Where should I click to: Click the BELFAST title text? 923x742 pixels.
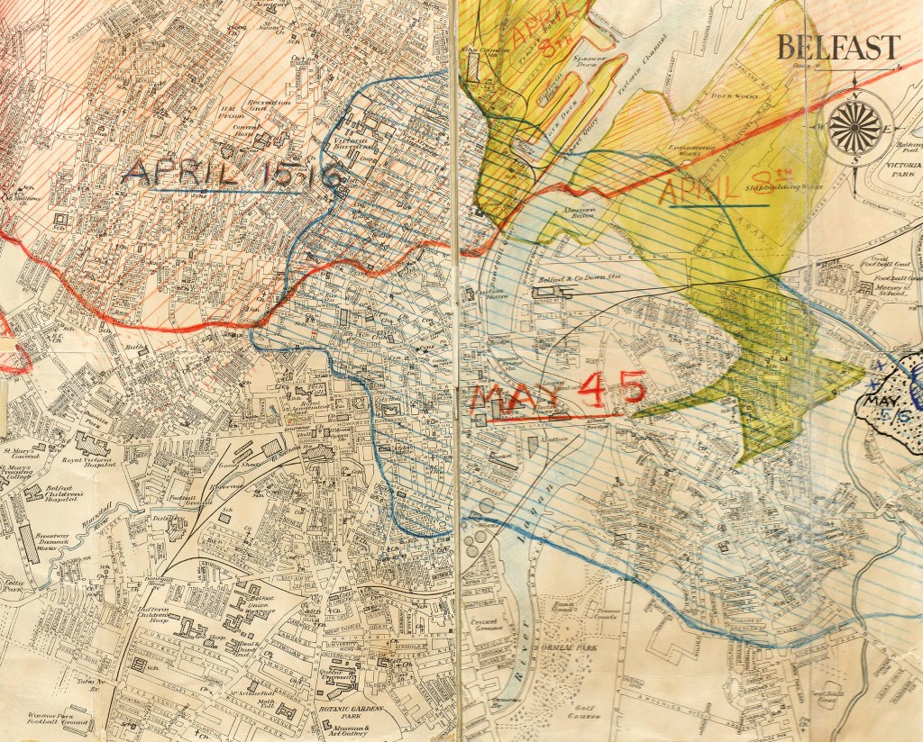pos(838,47)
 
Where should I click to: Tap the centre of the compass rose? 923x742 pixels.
pos(848,125)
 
